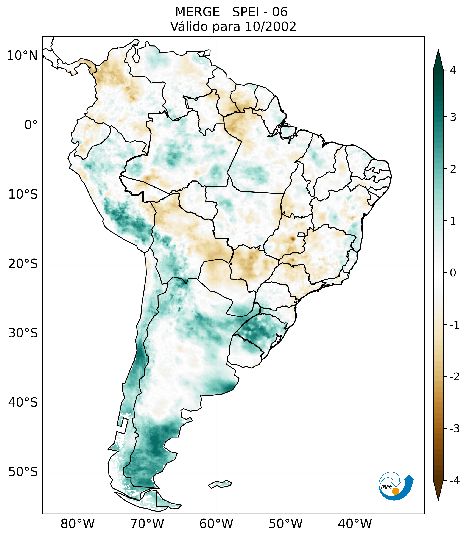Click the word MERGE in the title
(197, 12)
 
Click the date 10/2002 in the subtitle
(271, 27)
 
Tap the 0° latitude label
(31, 125)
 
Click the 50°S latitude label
(23, 472)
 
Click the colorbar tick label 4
(453, 70)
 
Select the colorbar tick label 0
(453, 273)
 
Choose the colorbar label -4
(454, 481)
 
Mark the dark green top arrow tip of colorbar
(438, 53)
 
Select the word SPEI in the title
(245, 12)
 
